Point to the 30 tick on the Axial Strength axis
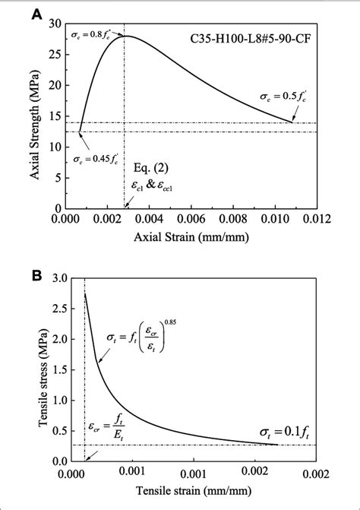coord(53,24)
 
